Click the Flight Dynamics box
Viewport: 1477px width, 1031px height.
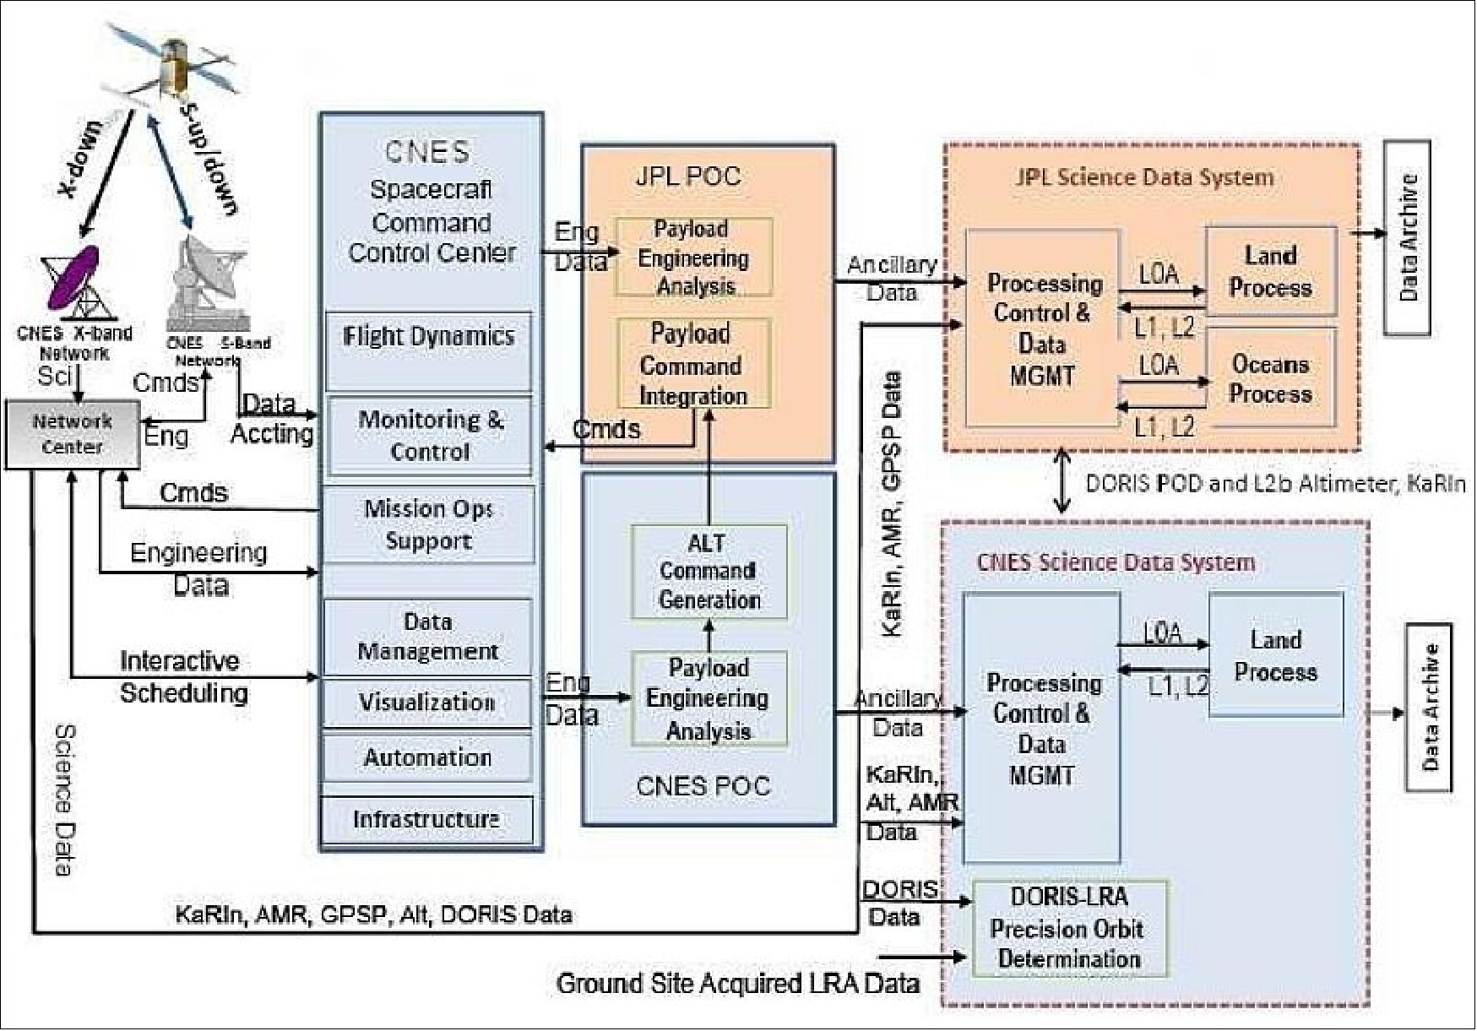(x=428, y=350)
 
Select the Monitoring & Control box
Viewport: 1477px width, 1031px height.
(x=429, y=436)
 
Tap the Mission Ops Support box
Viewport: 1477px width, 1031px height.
(x=428, y=524)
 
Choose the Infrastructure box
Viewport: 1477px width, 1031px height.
(x=426, y=820)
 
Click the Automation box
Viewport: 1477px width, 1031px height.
(x=426, y=757)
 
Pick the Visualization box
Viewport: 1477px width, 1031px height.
(x=426, y=703)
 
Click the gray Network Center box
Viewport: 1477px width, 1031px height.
(x=72, y=434)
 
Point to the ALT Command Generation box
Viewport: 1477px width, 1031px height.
(x=709, y=572)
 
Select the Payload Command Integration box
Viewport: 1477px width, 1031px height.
(x=693, y=364)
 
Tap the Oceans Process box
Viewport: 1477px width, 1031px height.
(x=1270, y=378)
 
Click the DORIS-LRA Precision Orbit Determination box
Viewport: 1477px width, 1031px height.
(x=1069, y=928)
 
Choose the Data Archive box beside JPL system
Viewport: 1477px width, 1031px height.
(x=1406, y=238)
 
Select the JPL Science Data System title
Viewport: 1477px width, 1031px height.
(x=1143, y=177)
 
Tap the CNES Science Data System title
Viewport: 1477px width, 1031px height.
(x=1115, y=562)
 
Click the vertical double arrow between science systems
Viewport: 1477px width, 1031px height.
(x=1062, y=482)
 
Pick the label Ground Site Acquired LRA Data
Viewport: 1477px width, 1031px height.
(x=737, y=984)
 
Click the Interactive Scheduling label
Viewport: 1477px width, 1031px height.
(x=183, y=676)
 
